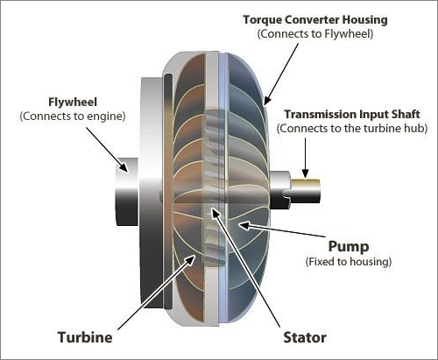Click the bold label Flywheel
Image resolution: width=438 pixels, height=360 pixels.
pos(73,102)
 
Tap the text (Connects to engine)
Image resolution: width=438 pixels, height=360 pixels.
pos(73,116)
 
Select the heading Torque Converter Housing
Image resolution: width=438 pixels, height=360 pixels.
pos(315,20)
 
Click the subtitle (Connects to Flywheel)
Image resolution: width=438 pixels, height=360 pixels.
pos(315,34)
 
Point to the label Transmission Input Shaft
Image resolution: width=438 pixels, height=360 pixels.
pos(352,114)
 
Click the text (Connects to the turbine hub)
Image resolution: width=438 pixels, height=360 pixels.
pos(352,128)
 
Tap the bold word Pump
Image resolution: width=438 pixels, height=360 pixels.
pos(349,246)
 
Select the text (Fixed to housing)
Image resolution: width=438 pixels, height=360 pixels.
pos(349,261)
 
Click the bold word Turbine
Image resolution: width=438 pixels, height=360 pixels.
pos(85,337)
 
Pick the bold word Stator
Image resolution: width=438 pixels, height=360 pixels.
pos(305,337)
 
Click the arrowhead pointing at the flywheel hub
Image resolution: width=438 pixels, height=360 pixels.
pos(124,166)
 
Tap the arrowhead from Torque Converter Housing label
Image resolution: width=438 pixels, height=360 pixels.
pos(267,100)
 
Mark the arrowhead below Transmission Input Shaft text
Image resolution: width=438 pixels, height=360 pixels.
pos(305,173)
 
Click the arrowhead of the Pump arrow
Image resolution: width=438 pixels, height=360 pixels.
pos(244,225)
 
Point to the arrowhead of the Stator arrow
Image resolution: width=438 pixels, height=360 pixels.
pos(215,213)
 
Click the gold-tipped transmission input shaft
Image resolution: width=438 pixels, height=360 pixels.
pos(306,191)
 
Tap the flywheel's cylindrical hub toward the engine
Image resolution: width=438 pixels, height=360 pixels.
pos(127,192)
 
